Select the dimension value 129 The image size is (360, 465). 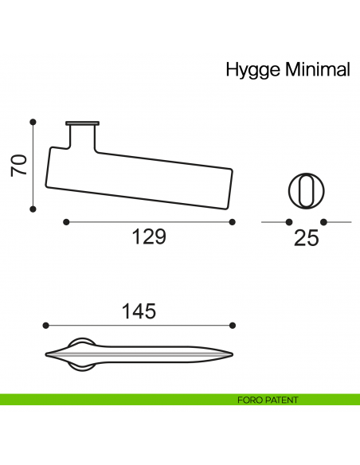(x=148, y=237)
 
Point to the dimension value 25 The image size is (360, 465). (x=306, y=238)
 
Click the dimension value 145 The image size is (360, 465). (x=139, y=311)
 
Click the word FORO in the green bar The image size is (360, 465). (x=250, y=400)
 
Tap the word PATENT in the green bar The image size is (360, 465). (x=281, y=400)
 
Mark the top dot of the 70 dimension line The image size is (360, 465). (x=33, y=122)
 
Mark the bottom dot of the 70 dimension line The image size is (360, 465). (x=33, y=209)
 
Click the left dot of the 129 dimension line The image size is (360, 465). (x=66, y=221)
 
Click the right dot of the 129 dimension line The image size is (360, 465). (x=232, y=221)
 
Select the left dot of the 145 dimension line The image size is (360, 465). (x=47, y=325)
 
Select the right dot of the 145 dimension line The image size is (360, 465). (x=233, y=325)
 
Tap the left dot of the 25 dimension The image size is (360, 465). (x=289, y=221)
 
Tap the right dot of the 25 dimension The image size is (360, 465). (x=324, y=221)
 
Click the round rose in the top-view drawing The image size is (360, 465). (x=80, y=354)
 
